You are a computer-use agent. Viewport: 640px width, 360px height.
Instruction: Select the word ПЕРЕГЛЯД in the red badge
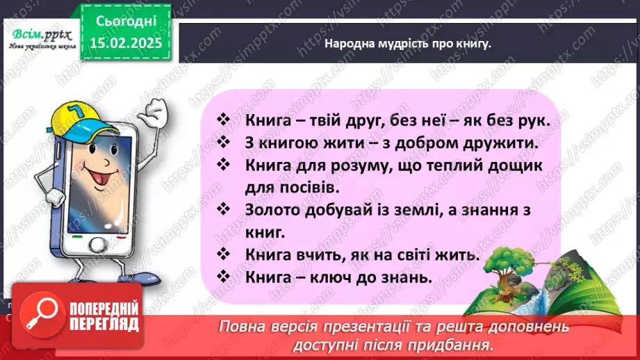pyautogui.click(x=94, y=323)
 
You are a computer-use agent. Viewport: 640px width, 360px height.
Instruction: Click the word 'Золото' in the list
pyautogui.click(x=271, y=209)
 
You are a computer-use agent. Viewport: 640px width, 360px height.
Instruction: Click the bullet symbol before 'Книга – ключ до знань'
pyautogui.click(x=223, y=275)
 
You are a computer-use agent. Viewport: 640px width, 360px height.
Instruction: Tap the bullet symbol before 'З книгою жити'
pyautogui.click(x=223, y=142)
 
